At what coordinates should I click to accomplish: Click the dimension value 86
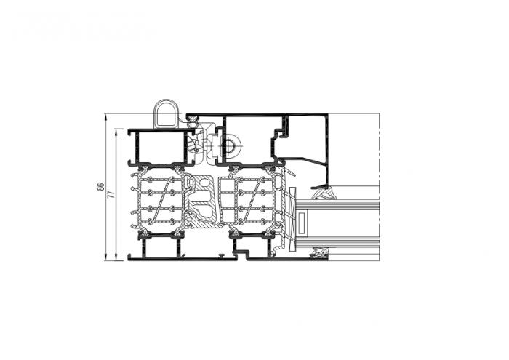pyautogui.click(x=101, y=187)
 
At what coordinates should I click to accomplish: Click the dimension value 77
pyautogui.click(x=111, y=194)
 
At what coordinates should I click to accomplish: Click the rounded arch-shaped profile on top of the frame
pyautogui.click(x=167, y=113)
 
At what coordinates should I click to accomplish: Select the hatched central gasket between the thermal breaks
pyautogui.click(x=201, y=201)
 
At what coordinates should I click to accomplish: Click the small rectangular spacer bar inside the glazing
pyautogui.click(x=302, y=223)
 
